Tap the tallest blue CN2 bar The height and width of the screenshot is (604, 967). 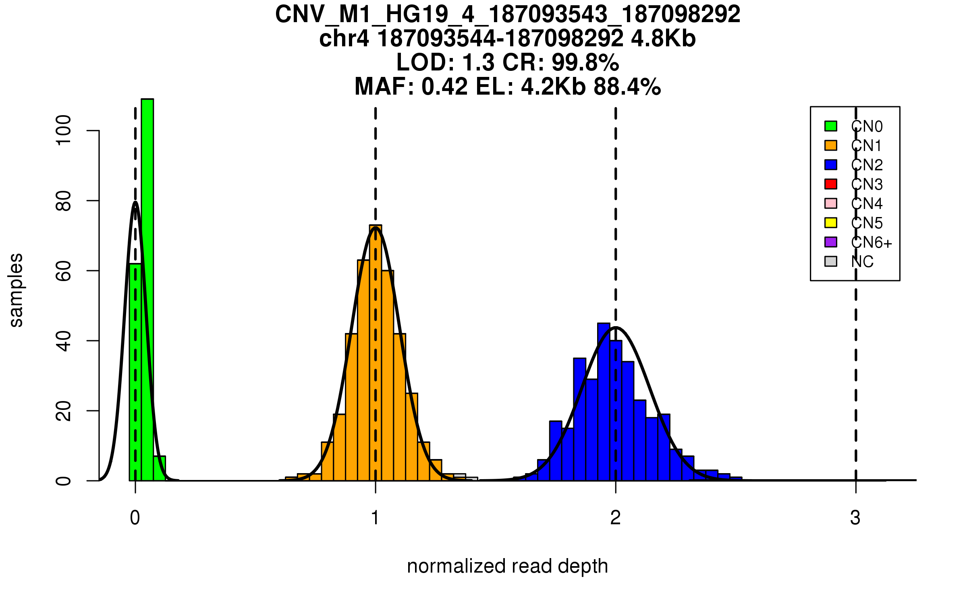click(604, 403)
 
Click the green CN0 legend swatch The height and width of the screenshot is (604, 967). click(831, 126)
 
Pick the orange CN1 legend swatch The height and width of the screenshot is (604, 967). click(831, 145)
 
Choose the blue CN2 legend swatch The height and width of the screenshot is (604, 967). click(831, 165)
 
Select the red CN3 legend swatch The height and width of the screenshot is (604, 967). click(831, 184)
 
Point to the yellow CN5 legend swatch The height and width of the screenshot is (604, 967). click(831, 223)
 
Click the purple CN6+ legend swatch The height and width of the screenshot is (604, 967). click(831, 242)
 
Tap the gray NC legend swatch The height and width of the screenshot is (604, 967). click(831, 261)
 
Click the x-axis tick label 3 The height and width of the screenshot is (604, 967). click(855, 518)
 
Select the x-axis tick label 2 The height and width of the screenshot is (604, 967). click(615, 518)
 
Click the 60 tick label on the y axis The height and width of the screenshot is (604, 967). click(64, 271)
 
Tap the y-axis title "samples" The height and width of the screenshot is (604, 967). click(16, 290)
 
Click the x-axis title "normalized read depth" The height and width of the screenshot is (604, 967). click(507, 566)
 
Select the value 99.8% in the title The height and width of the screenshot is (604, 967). click(585, 62)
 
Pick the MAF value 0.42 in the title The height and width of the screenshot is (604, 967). click(445, 87)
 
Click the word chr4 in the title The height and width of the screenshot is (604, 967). click(344, 39)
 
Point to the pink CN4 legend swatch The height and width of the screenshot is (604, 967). click(831, 203)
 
